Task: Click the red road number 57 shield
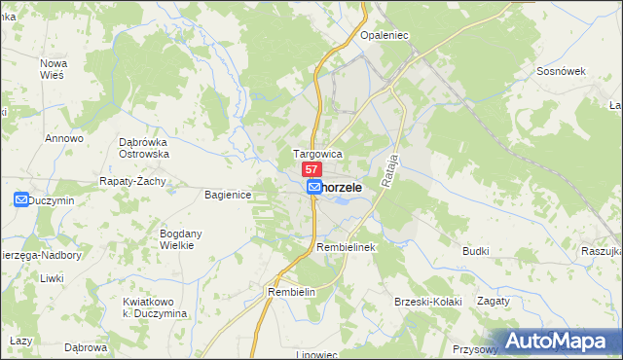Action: (312, 170)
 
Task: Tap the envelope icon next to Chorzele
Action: (314, 187)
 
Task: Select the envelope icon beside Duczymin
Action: (21, 199)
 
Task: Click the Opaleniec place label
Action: (381, 35)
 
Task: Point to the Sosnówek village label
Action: (560, 72)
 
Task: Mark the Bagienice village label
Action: (229, 196)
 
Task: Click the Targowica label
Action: (317, 154)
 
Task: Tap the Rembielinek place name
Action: (346, 248)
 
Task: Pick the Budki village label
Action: (476, 251)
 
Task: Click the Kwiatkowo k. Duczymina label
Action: (155, 307)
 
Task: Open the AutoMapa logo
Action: (559, 341)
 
